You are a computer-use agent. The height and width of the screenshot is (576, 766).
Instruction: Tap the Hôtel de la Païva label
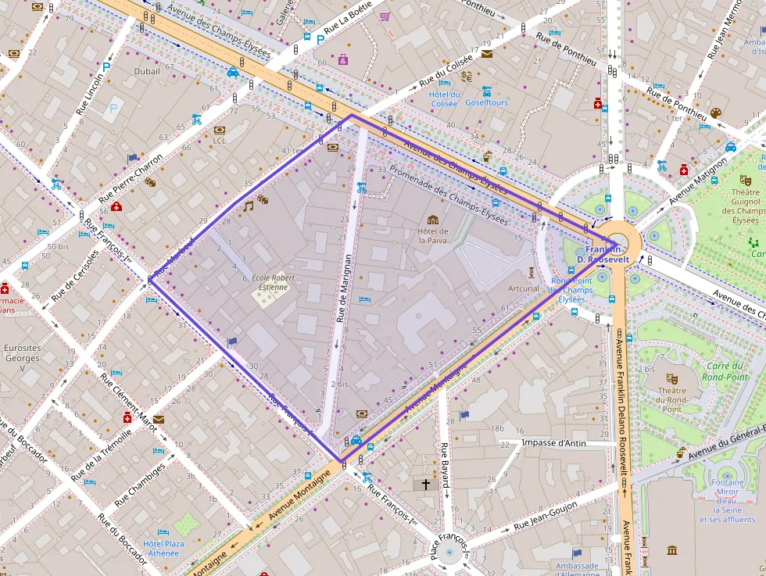(432, 235)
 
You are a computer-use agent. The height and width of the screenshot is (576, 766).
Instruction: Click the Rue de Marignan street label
(341, 288)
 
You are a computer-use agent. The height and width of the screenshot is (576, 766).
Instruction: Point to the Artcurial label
(524, 288)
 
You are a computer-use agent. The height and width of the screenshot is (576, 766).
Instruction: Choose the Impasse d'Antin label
(553, 443)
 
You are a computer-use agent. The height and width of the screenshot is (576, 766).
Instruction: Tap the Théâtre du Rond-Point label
(672, 398)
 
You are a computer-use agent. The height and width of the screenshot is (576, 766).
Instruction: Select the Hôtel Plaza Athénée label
(163, 548)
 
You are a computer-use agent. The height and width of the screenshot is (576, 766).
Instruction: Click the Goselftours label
(486, 102)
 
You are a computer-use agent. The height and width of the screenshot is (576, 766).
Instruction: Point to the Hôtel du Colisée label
(443, 98)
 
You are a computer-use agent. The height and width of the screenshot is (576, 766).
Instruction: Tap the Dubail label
(146, 71)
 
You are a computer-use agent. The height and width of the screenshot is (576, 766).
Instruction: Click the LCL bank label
(219, 141)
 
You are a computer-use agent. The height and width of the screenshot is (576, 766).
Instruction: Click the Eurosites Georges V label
(22, 358)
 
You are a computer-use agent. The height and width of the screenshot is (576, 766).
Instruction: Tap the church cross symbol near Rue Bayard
(426, 485)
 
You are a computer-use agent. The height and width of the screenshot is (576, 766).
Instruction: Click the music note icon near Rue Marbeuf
(249, 206)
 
